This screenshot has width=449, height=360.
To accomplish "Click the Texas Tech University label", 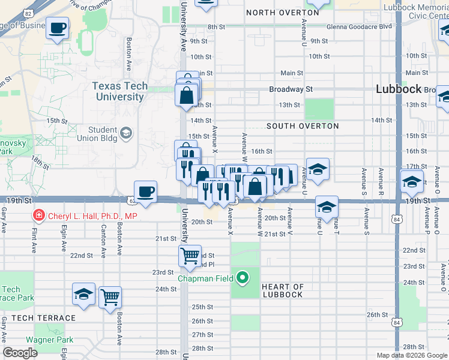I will (x=119, y=91).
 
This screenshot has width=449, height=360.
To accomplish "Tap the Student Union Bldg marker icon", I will (x=126, y=133).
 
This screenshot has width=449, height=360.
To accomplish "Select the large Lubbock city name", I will (x=399, y=88).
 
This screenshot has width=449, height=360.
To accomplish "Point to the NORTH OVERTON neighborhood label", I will (x=282, y=13).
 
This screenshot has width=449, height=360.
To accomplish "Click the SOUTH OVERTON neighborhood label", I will (x=303, y=126).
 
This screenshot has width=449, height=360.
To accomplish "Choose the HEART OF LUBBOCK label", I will (x=283, y=290).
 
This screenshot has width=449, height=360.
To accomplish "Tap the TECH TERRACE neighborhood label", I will (x=43, y=318).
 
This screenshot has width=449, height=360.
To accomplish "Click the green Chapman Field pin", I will (x=243, y=278).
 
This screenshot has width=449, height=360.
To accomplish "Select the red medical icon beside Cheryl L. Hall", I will (x=38, y=215).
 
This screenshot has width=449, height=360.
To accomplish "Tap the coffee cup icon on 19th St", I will (x=145, y=192).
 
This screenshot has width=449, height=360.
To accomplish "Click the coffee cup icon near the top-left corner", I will (x=57, y=28).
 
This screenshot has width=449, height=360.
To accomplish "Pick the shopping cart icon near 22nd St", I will (x=190, y=256).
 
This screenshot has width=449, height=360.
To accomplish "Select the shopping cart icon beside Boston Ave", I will (x=110, y=297).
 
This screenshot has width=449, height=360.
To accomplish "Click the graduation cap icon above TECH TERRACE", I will (x=84, y=294).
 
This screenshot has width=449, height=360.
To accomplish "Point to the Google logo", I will (x=20, y=353).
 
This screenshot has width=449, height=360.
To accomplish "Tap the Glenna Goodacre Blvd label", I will (x=359, y=26).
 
